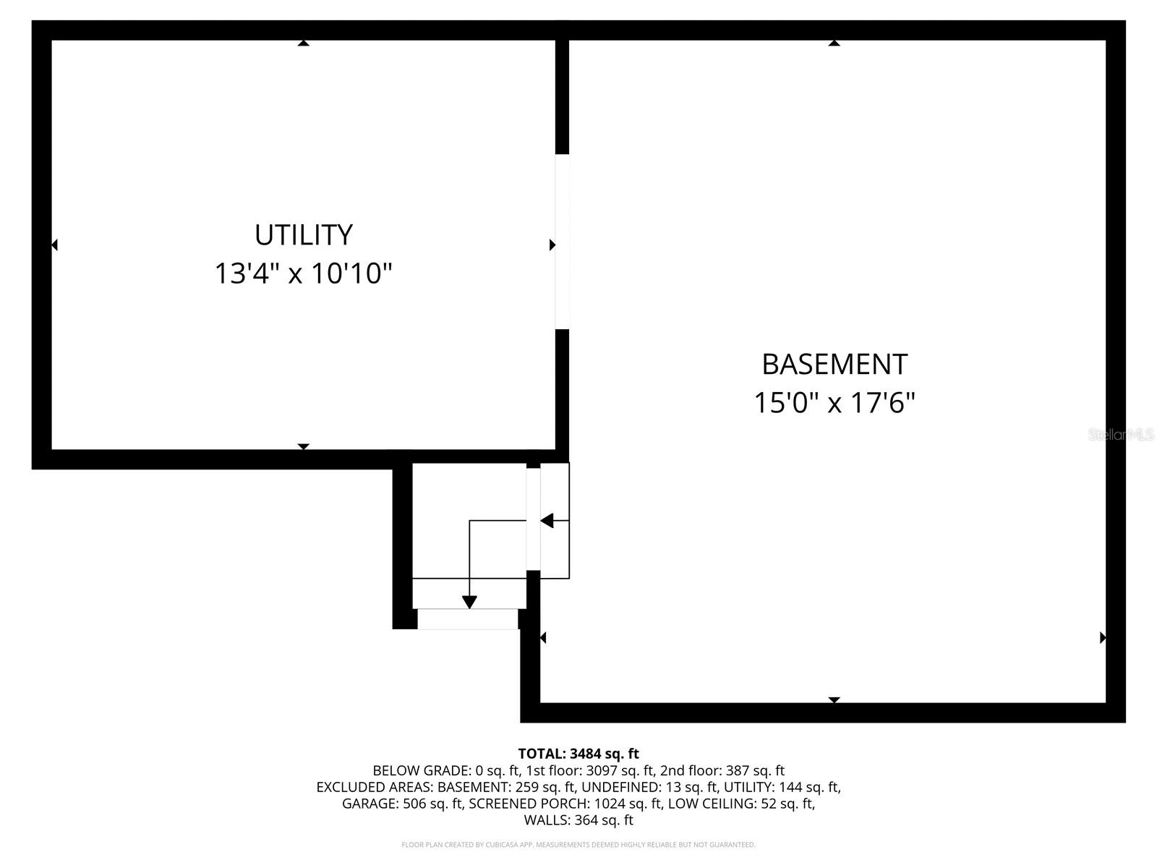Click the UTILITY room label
click(303, 235)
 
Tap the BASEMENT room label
click(834, 364)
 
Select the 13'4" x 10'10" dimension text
click(303, 274)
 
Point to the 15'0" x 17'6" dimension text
click(834, 403)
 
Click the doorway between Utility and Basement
click(562, 242)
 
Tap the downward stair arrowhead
click(469, 601)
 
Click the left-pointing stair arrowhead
click(547, 520)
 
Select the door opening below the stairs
click(468, 618)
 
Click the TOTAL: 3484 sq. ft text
click(578, 754)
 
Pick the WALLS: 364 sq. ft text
click(578, 820)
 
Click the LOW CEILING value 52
click(769, 804)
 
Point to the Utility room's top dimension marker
click(304, 43)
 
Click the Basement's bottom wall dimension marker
click(834, 699)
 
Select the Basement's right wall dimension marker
click(1103, 637)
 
